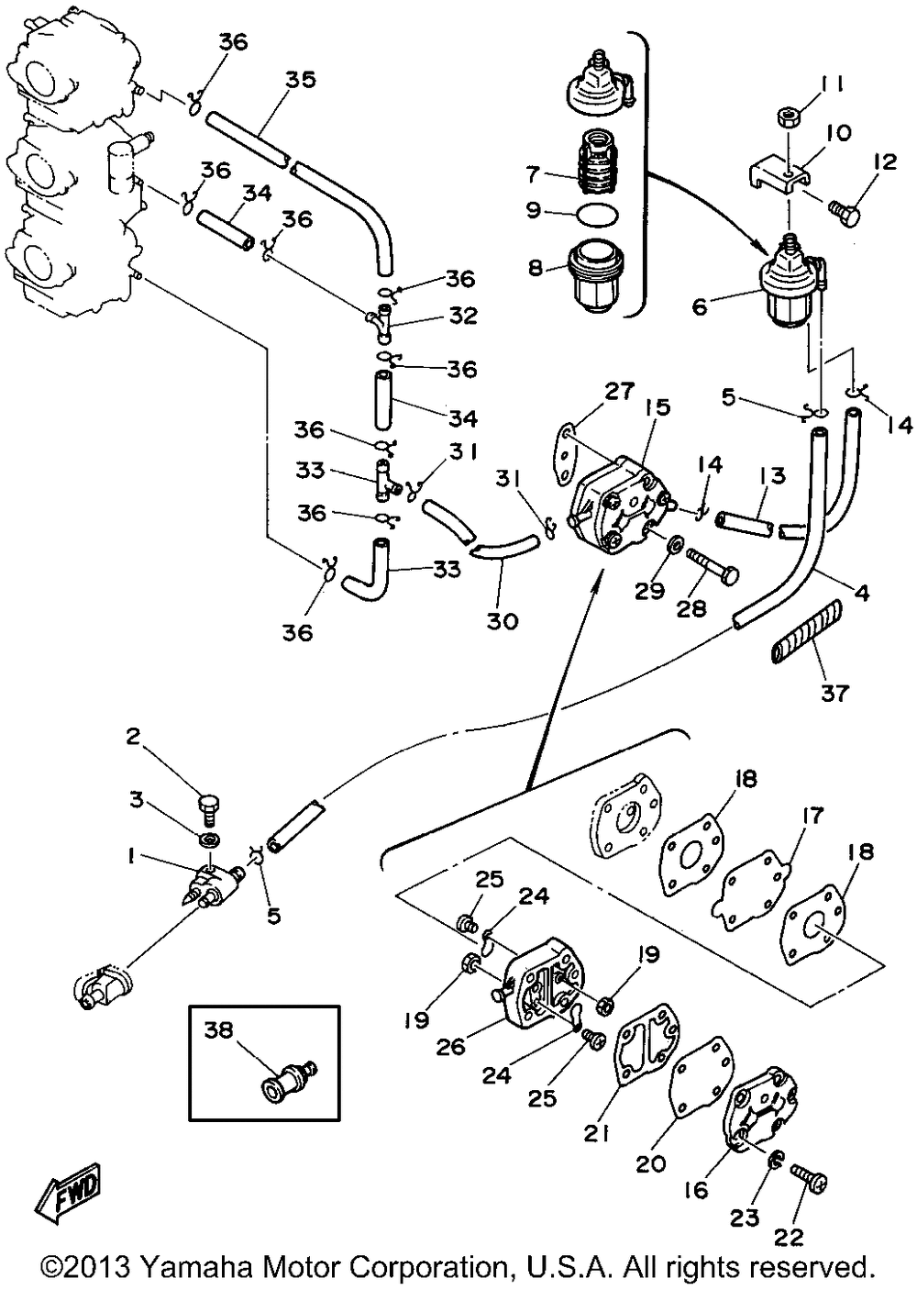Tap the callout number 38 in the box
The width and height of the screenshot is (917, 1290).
pos(218,1030)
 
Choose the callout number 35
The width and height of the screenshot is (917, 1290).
pos(300,80)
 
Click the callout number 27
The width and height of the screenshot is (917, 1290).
pos(620,392)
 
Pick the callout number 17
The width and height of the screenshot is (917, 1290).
pos(812,816)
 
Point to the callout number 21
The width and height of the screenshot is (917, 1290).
pos(597,1134)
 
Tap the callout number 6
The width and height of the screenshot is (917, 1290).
pos(700,306)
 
